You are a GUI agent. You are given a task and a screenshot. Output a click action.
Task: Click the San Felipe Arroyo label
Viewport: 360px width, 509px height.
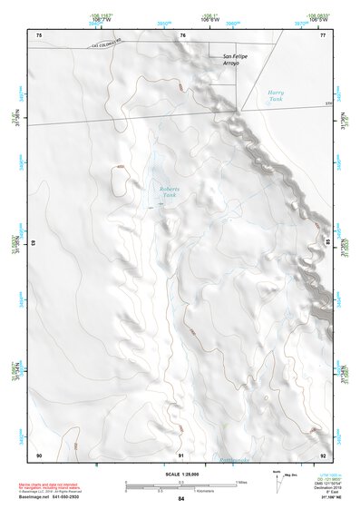(x=235, y=60)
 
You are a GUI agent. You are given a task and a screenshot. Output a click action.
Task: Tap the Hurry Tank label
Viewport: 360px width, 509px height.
(x=276, y=95)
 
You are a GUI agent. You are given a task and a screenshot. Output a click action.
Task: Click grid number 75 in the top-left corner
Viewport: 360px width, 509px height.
(x=39, y=34)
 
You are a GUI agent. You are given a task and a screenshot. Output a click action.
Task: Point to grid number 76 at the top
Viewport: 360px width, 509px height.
(x=182, y=34)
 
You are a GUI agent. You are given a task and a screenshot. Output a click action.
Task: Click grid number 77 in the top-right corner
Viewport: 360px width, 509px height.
(x=322, y=34)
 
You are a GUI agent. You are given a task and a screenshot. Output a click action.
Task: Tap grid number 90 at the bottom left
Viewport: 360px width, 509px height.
(x=39, y=454)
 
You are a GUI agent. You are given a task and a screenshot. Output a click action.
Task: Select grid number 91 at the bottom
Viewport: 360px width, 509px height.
(x=181, y=454)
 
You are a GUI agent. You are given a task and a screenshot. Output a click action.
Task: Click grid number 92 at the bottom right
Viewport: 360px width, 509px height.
(x=322, y=454)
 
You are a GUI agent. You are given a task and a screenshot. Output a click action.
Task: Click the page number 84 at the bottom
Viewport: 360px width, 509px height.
(x=180, y=498)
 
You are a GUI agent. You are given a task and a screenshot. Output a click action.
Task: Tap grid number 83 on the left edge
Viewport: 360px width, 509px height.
(x=33, y=243)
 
